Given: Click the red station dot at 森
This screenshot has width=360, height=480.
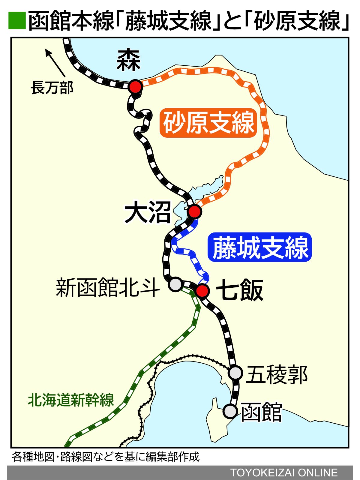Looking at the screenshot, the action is [x=136, y=87].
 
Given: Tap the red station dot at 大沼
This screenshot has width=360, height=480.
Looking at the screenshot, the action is [x=194, y=211].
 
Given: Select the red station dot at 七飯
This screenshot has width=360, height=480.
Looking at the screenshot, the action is [x=202, y=290].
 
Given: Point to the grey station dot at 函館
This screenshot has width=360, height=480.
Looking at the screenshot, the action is [x=230, y=411].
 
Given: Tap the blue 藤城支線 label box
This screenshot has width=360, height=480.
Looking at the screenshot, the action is [x=260, y=247].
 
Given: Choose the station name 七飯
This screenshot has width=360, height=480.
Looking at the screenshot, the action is [x=240, y=290].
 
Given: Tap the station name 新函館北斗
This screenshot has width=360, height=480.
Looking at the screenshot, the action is [x=107, y=288].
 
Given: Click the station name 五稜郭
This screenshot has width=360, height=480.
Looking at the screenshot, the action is [x=277, y=374].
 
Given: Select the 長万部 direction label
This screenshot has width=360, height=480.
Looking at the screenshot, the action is [x=52, y=88].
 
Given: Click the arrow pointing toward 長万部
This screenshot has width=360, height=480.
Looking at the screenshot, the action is [x=55, y=63].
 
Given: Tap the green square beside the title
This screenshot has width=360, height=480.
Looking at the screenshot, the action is [x=17, y=20].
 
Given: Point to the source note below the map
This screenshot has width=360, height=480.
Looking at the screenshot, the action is [x=106, y=457].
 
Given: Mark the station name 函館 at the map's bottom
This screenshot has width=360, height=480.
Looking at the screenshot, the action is [x=261, y=412].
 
